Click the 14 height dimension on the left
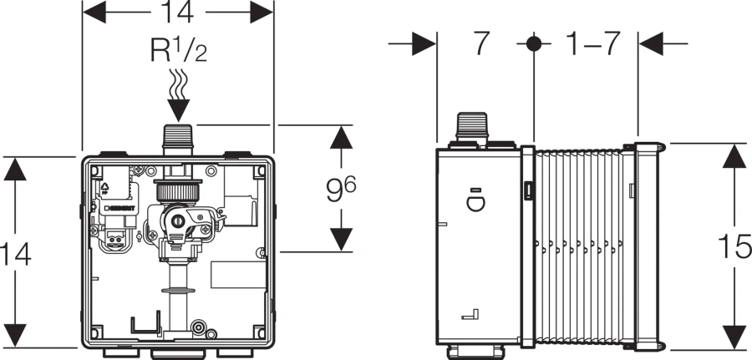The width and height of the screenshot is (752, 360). [x=16, y=253]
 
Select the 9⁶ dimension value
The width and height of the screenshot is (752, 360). [x=338, y=188]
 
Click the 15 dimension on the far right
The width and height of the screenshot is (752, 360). [x=735, y=248]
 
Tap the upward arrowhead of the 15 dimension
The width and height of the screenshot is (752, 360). [x=734, y=154]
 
